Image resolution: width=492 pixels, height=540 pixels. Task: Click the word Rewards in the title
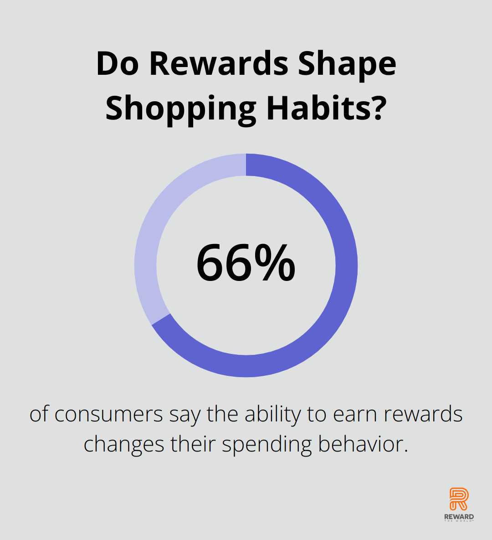click(x=219, y=64)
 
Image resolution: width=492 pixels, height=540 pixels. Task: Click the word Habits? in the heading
click(x=325, y=107)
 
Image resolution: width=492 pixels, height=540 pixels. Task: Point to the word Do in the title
click(x=118, y=64)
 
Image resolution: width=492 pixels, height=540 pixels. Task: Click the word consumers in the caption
click(x=108, y=414)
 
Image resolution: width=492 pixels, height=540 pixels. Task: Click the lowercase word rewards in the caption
click(x=423, y=414)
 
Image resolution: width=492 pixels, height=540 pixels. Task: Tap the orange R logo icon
click(x=459, y=498)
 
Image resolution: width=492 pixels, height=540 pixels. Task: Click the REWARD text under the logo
click(x=459, y=517)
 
